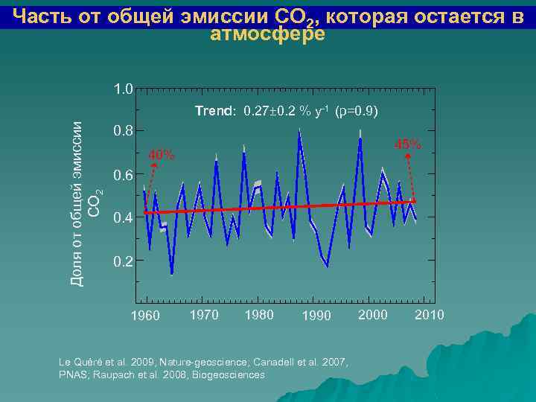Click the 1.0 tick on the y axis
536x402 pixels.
pyautogui.click(x=123, y=89)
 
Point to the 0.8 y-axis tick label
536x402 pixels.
pyautogui.click(x=123, y=131)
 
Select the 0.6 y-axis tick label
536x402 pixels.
pyautogui.click(x=123, y=176)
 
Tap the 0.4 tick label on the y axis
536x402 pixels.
pyautogui.click(x=123, y=219)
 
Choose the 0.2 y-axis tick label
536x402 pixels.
pyautogui.click(x=123, y=262)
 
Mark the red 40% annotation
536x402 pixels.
pyautogui.click(x=162, y=156)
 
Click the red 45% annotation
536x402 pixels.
pyautogui.click(x=407, y=144)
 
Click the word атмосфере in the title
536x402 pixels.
pyautogui.click(x=268, y=34)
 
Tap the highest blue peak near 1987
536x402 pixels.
pyautogui.click(x=299, y=131)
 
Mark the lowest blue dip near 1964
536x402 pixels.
pyautogui.click(x=172, y=274)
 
